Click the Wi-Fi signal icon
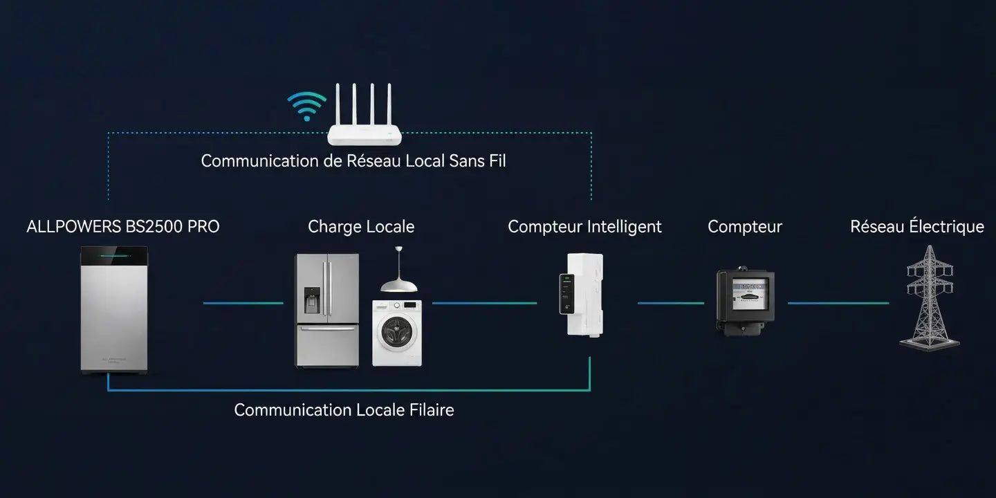coord(307,107)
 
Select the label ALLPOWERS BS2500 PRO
coord(123,227)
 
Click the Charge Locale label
coord(361,227)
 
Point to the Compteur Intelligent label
coord(584,227)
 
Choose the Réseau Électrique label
coord(917,226)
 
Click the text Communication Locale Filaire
coord(344,410)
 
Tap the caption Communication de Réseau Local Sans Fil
coord(353,161)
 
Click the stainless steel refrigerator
coord(326,311)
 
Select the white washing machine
coord(397,333)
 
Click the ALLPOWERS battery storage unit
coord(114,310)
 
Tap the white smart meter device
coord(582,295)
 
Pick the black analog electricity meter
coord(745,301)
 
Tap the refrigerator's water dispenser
coord(312,299)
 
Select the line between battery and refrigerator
coord(243,303)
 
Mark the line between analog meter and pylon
coord(838,303)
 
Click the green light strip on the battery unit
coord(115,256)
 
